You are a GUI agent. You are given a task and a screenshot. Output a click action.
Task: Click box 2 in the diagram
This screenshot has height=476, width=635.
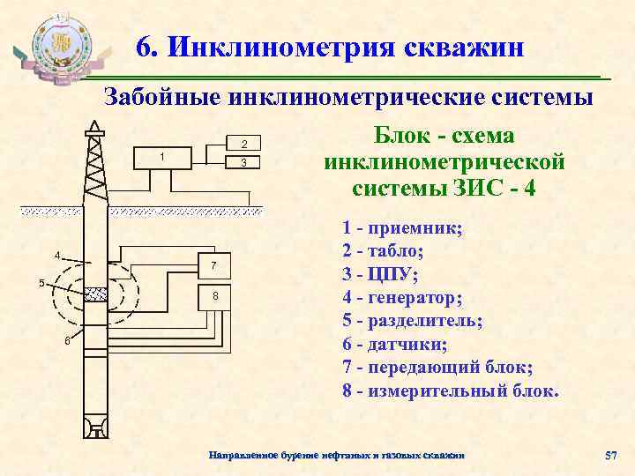click(x=244, y=144)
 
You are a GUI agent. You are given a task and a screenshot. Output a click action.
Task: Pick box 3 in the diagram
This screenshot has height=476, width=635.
click(x=244, y=164)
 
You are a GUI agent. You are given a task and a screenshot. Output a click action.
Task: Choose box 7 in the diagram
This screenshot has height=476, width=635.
click(x=213, y=266)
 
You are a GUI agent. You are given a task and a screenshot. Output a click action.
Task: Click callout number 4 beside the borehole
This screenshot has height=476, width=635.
click(x=57, y=256)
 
